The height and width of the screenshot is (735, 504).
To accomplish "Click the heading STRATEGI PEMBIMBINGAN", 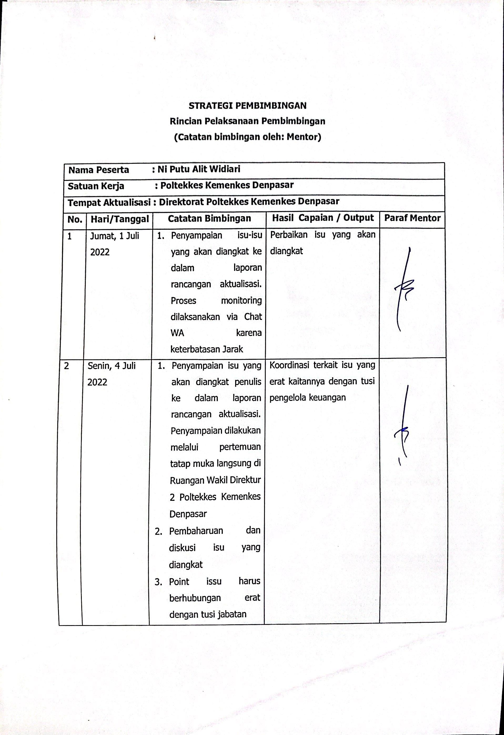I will pos(248,105).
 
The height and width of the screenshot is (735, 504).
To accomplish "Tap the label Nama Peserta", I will pos(99,170).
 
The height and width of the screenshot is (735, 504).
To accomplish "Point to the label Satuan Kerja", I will pos(96,186).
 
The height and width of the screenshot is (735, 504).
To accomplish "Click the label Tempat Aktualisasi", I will pos(109,202).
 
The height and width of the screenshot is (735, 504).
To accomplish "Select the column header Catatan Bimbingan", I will pos(209,218).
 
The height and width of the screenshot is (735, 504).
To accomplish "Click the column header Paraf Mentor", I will pos(412,218).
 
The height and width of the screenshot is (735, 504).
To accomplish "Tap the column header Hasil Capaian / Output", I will pos(323,218).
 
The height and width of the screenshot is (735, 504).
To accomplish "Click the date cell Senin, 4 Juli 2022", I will pos(111,374).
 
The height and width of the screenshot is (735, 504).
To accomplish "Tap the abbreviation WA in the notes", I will pos(177,333).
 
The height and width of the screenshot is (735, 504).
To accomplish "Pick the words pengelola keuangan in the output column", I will pos(307,398).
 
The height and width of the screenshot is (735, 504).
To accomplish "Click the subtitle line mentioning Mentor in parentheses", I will pos(248,137).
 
